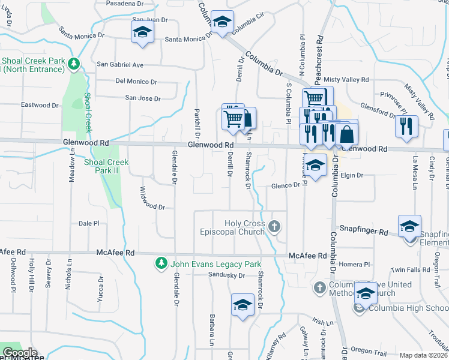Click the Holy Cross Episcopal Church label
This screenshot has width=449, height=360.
(x=245, y=228)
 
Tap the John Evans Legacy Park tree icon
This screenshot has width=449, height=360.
(x=161, y=263)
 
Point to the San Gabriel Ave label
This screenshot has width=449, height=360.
(x=120, y=65)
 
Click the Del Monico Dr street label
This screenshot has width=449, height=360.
(x=136, y=82)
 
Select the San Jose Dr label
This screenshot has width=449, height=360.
(x=143, y=98)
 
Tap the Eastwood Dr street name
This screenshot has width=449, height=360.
(x=40, y=105)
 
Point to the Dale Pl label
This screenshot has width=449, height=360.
(x=89, y=223)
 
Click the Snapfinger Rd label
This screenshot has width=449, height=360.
(x=364, y=229)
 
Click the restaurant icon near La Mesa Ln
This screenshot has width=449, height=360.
(x=406, y=126)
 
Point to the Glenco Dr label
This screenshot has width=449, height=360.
(x=285, y=185)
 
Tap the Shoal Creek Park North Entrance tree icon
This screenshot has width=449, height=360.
(x=73, y=63)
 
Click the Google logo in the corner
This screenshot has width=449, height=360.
(x=19, y=353)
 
